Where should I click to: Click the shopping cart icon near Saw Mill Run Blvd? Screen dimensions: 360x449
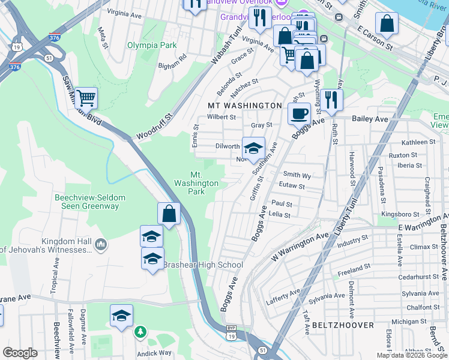click(x=86, y=97)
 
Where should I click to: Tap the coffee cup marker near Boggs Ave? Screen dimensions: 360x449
click(x=299, y=112)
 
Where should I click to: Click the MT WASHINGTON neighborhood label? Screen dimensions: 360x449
click(x=244, y=106)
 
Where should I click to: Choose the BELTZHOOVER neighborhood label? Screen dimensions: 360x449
click(x=343, y=325)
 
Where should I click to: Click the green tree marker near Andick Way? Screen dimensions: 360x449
click(x=140, y=331)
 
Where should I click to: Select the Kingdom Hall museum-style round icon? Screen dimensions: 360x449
click(x=101, y=244)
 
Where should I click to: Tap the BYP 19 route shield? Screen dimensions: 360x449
click(x=231, y=332)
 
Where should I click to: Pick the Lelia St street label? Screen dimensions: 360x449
click(x=280, y=215)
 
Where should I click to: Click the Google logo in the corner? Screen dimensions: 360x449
click(x=20, y=353)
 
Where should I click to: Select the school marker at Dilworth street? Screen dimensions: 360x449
click(x=253, y=147)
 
